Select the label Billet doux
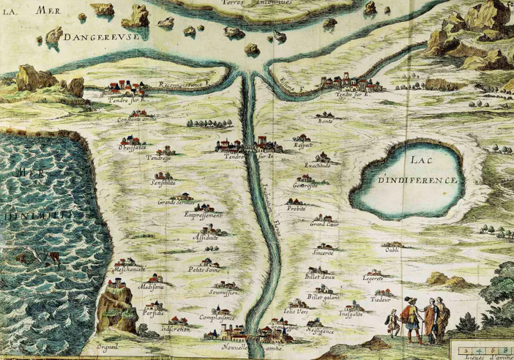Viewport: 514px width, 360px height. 319,277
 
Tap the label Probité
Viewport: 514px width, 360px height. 296,208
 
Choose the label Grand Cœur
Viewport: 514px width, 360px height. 322,225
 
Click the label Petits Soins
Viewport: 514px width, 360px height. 204,270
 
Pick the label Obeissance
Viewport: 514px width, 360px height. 133,145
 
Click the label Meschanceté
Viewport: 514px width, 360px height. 129,270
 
